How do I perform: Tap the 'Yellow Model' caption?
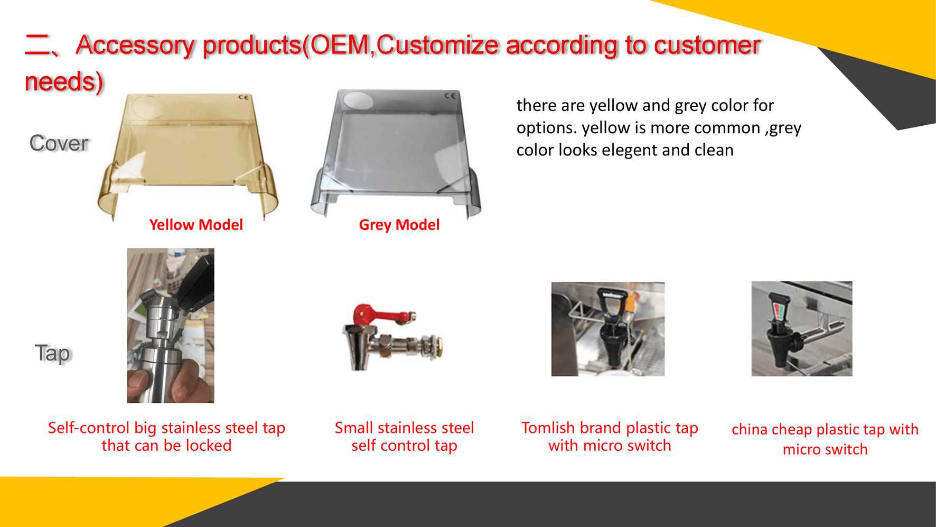[196, 225]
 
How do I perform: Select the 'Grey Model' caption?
[399, 225]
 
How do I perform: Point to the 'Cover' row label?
[59, 143]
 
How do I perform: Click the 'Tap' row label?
[53, 353]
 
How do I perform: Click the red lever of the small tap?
[380, 315]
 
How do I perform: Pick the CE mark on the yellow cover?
[243, 98]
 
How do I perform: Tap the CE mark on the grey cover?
[450, 96]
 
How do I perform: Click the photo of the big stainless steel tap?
[171, 326]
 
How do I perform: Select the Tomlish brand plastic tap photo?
[608, 329]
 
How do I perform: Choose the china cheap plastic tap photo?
[802, 328]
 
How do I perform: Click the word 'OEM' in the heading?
[340, 44]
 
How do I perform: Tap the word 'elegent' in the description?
[630, 150]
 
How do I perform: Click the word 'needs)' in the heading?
[64, 81]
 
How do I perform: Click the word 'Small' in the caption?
[354, 428]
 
